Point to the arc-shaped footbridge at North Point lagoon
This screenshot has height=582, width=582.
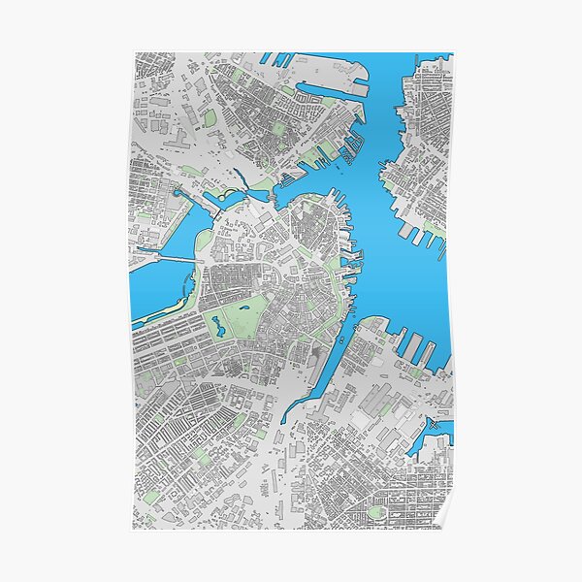tap(231, 195)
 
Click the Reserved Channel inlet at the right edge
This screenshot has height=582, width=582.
tap(427, 441)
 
